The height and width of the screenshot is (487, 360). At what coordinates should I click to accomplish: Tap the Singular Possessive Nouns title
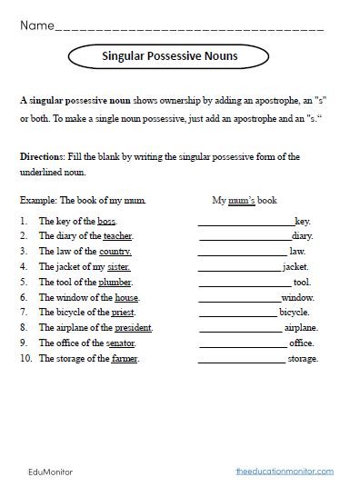[x=169, y=58]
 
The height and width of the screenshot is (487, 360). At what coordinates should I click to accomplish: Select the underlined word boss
[x=107, y=221]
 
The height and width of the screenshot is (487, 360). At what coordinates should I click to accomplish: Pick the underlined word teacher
[x=118, y=235]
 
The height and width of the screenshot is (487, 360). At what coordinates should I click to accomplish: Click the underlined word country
[x=115, y=251]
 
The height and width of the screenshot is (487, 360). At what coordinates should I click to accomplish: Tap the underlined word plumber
[x=123, y=283]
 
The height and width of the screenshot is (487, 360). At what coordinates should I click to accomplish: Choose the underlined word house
[x=126, y=298]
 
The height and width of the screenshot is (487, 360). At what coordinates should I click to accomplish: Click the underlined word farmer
[x=125, y=359]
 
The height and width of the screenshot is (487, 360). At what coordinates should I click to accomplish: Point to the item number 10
[x=25, y=359]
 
